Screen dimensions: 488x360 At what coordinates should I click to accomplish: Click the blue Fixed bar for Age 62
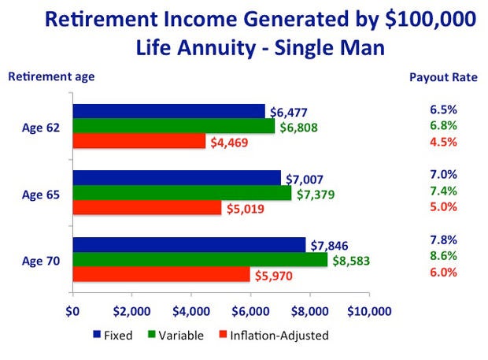(169, 111)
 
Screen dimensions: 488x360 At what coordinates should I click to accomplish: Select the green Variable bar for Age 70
(200, 259)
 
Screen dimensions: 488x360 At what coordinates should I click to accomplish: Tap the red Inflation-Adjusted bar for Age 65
(147, 207)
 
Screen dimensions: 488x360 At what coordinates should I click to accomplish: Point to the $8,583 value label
(351, 261)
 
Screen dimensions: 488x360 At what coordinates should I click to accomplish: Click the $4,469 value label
(229, 143)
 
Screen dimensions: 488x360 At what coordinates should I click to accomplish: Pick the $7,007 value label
(305, 180)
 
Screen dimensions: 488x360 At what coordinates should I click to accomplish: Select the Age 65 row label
(41, 195)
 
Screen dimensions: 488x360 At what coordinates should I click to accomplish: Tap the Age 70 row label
(41, 261)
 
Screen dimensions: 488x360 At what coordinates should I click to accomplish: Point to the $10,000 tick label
(369, 311)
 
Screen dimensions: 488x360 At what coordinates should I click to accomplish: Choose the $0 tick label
(72, 311)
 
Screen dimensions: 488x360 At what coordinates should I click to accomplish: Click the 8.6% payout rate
(443, 256)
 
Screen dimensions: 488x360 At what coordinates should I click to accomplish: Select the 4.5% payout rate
(443, 142)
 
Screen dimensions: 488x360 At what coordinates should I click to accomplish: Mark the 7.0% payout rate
(443, 174)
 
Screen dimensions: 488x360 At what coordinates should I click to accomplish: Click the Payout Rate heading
(443, 77)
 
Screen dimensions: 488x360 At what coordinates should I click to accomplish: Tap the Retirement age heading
(51, 76)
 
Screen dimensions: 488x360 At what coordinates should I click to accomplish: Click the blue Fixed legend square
(97, 334)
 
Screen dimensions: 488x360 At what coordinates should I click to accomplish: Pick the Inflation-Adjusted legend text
(279, 336)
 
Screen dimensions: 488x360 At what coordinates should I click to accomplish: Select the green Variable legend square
(151, 334)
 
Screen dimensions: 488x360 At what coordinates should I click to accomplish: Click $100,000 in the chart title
(431, 19)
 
